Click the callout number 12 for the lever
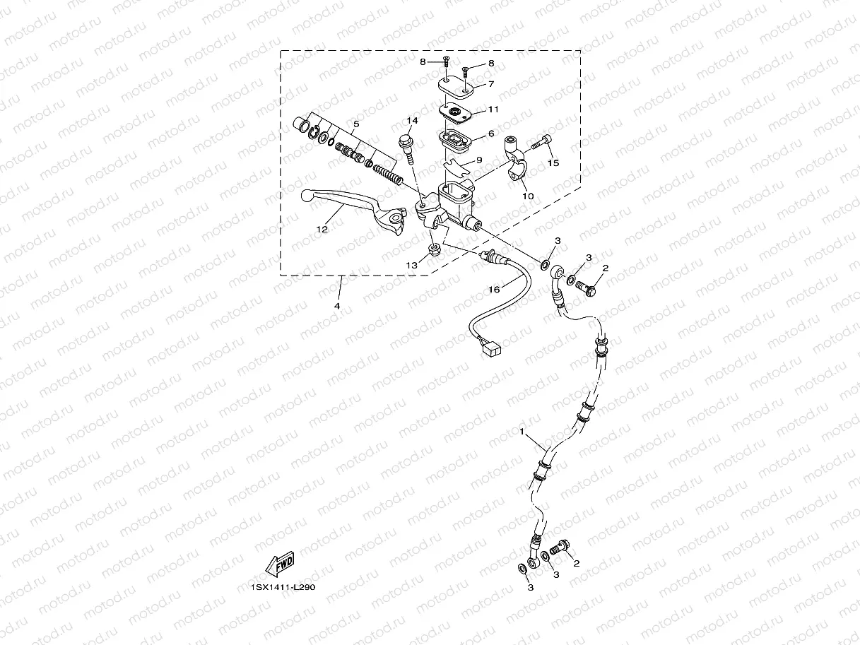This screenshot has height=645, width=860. [x=322, y=229]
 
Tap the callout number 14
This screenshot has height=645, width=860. [x=412, y=121]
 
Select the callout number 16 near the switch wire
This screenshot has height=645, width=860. [x=494, y=290]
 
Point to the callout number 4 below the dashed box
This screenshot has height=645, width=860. [x=337, y=306]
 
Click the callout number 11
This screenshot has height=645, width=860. [x=493, y=110]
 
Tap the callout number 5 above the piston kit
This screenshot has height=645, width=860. [x=356, y=124]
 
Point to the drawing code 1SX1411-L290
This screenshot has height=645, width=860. [x=282, y=586]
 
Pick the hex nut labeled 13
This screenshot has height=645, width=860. [x=435, y=249]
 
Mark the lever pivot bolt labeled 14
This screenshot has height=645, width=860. [x=408, y=147]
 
